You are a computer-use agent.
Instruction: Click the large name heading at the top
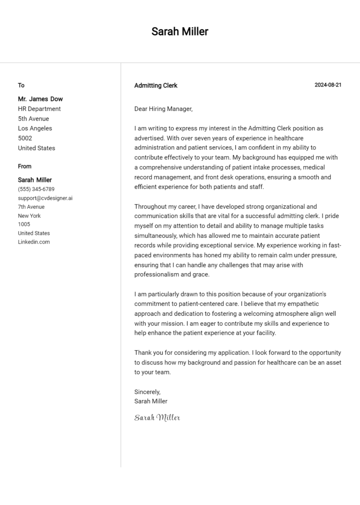[180, 32]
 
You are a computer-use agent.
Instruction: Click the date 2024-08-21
[328, 85]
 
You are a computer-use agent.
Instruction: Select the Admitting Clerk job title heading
[156, 86]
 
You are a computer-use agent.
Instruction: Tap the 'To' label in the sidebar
[21, 85]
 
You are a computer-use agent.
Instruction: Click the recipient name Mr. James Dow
[40, 99]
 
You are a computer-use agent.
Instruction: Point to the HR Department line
[39, 109]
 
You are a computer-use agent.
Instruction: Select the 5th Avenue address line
[33, 119]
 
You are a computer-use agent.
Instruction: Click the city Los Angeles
[35, 128]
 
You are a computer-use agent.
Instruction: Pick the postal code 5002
[25, 138]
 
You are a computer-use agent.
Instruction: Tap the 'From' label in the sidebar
[25, 166]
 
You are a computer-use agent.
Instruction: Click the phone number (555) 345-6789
[36, 189]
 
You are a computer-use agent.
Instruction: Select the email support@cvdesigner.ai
[45, 198]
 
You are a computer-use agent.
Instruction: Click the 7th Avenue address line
[31, 207]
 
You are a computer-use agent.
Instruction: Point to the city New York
[30, 216]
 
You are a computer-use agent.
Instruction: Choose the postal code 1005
[24, 224]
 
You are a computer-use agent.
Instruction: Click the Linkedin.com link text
[34, 242]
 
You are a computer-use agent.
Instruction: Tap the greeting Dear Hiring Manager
[163, 109]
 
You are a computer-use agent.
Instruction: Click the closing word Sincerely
[147, 392]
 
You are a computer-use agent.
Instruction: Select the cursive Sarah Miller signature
[157, 417]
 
